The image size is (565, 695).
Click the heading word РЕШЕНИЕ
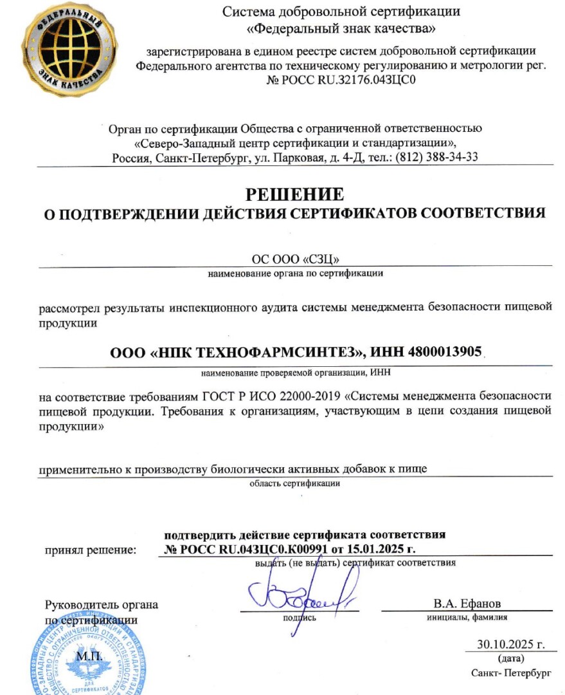pyautogui.click(x=295, y=194)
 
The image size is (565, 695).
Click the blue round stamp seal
pyautogui.click(x=84, y=660)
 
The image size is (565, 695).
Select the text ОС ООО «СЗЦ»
pyautogui.click(x=295, y=259)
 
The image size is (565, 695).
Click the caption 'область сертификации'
pyautogui.click(x=295, y=483)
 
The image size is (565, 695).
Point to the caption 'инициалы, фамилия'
pyautogui.click(x=467, y=618)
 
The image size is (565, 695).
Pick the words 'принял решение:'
pyautogui.click(x=91, y=550)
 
